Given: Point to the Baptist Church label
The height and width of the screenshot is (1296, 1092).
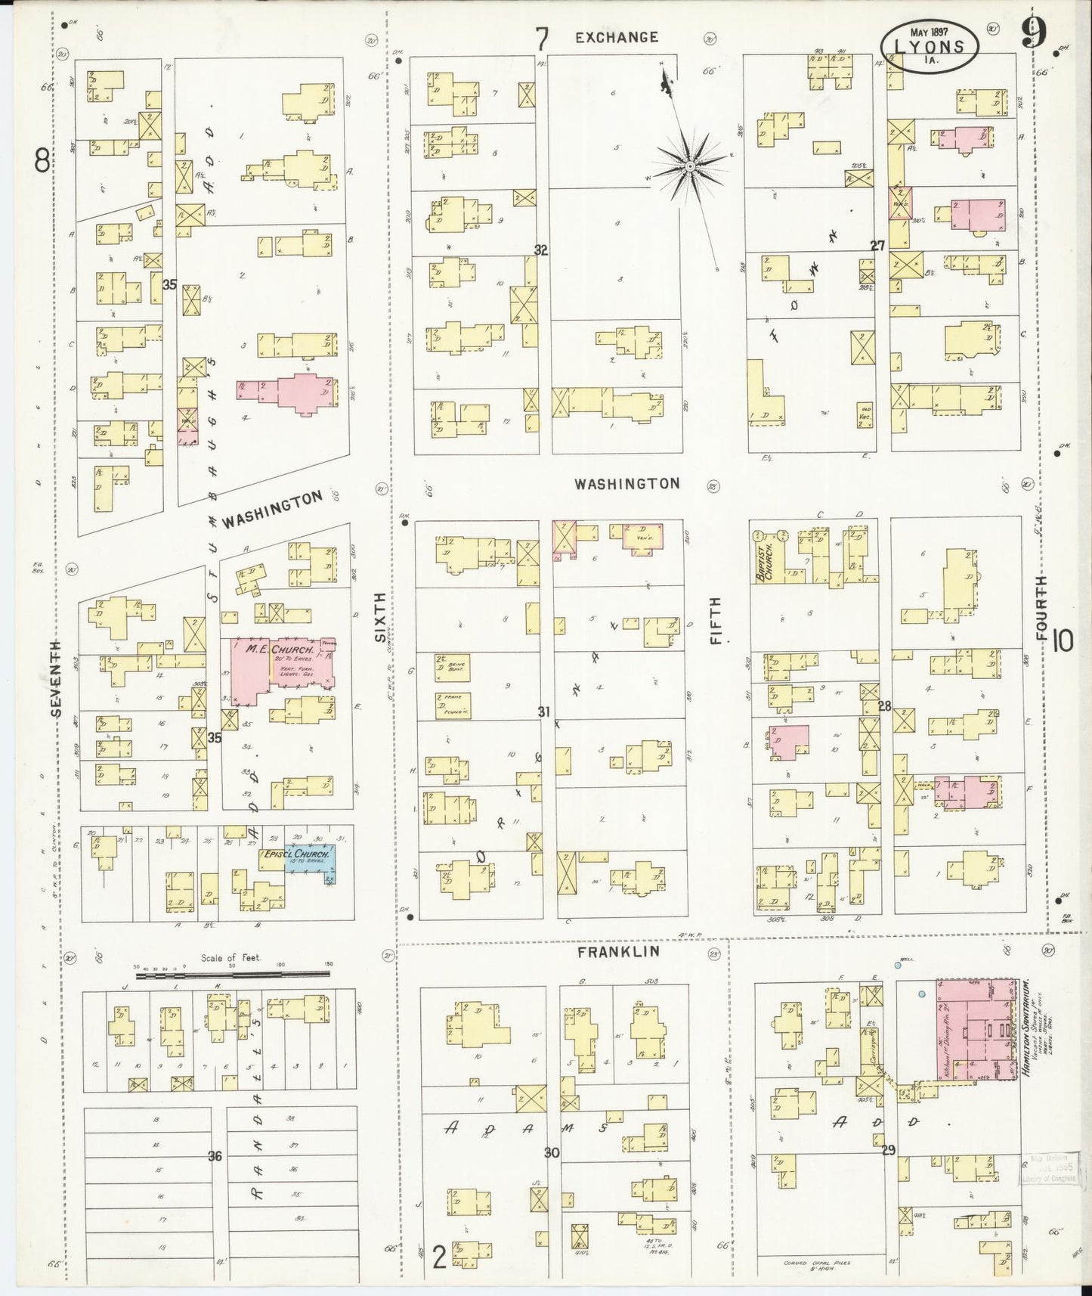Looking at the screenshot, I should click(763, 557).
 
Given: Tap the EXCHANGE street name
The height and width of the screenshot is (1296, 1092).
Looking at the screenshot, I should click(617, 37).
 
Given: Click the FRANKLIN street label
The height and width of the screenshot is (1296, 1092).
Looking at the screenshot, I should click(618, 952).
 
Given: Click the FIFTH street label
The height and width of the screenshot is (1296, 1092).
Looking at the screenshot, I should click(716, 620).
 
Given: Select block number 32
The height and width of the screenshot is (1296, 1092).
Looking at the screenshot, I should click(540, 250).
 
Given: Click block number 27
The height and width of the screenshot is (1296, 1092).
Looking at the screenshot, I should click(877, 246).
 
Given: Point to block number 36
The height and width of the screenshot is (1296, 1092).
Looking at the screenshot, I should click(215, 1156).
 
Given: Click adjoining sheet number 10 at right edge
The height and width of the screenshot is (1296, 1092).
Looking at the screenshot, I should click(1062, 642).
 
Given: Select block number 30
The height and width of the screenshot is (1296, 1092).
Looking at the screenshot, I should click(552, 1153).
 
